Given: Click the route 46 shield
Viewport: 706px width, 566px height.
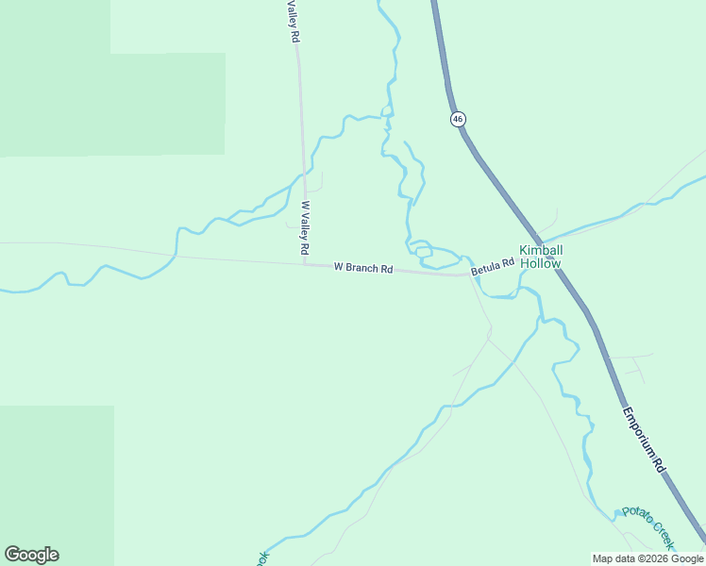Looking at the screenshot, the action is [458, 119].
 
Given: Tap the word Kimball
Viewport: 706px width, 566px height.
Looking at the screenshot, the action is [541, 250].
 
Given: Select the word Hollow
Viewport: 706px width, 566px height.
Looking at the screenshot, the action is [541, 263].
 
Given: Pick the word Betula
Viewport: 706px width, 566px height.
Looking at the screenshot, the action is [485, 268].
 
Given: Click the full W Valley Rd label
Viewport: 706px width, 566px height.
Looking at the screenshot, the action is [305, 227].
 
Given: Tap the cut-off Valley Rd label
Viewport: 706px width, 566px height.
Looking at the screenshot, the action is [294, 21].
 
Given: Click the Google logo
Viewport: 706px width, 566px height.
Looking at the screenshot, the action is [31, 555].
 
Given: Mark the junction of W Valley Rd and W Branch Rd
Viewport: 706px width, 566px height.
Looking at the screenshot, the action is [306, 264].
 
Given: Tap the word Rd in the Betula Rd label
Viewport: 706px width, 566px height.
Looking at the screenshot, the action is [508, 262].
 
